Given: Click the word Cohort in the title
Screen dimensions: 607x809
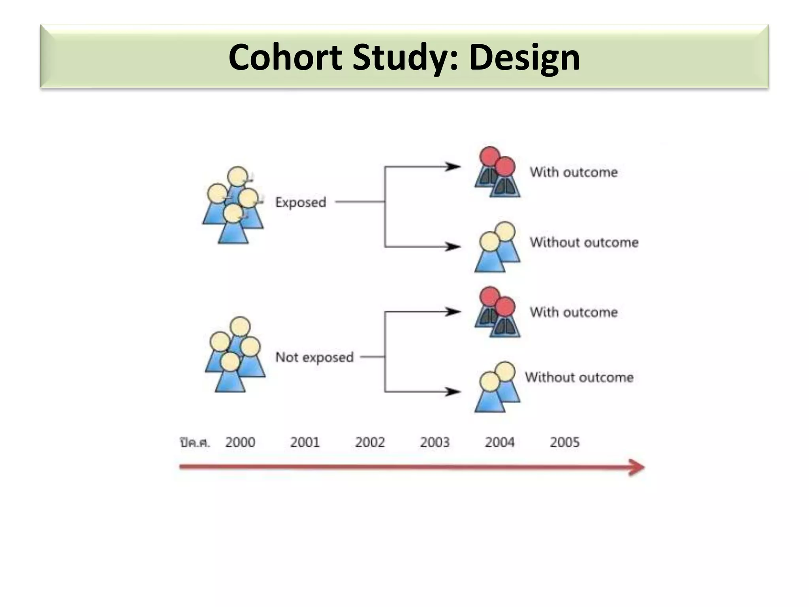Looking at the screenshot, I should pyautogui.click(x=285, y=57).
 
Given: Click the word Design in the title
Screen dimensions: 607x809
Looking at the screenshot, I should pyautogui.click(x=524, y=57).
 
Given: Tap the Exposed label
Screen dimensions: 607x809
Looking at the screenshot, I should pyautogui.click(x=301, y=202).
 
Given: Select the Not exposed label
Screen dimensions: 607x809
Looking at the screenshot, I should pyautogui.click(x=314, y=357).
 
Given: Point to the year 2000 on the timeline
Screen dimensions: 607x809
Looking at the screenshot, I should pyautogui.click(x=240, y=442).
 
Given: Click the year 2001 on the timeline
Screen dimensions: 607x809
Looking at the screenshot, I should pyautogui.click(x=305, y=442).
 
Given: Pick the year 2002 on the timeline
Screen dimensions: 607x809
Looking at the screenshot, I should pyautogui.click(x=370, y=442).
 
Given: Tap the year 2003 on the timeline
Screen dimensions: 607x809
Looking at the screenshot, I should pyautogui.click(x=435, y=442).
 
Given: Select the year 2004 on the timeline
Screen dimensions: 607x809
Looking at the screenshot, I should pyautogui.click(x=500, y=442).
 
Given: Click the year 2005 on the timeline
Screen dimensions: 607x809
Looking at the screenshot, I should pyautogui.click(x=564, y=442).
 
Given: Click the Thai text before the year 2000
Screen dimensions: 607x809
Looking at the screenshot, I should pyautogui.click(x=195, y=443).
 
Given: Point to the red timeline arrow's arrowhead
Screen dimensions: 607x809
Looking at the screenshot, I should pyautogui.click(x=637, y=468).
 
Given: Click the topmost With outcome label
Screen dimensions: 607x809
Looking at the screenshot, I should pyautogui.click(x=574, y=172).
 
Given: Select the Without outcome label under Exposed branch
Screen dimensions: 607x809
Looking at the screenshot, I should pyautogui.click(x=584, y=242).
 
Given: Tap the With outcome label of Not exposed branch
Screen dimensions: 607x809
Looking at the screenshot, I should pyautogui.click(x=574, y=312).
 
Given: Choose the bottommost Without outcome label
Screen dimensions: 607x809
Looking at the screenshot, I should pyautogui.click(x=579, y=377).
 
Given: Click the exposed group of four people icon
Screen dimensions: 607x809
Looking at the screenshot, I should pyautogui.click(x=233, y=205).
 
